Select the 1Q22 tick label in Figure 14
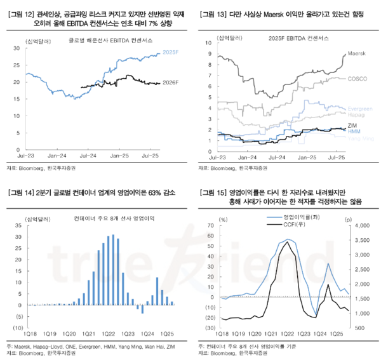pos(109,333)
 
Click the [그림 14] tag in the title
pos(20,192)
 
